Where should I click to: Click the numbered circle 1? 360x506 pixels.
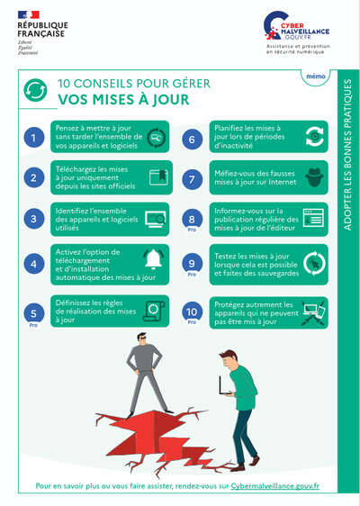pyautogui.click(x=34, y=138)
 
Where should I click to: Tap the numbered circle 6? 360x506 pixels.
pyautogui.click(x=191, y=138)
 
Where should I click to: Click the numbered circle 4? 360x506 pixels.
pyautogui.click(x=34, y=264)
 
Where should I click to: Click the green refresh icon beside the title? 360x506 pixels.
pyautogui.click(x=34, y=91)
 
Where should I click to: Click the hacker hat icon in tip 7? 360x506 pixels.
pyautogui.click(x=313, y=177)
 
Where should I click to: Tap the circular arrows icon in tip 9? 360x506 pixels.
pyautogui.click(x=313, y=264)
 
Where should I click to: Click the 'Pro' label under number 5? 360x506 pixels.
pyautogui.click(x=34, y=324)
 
